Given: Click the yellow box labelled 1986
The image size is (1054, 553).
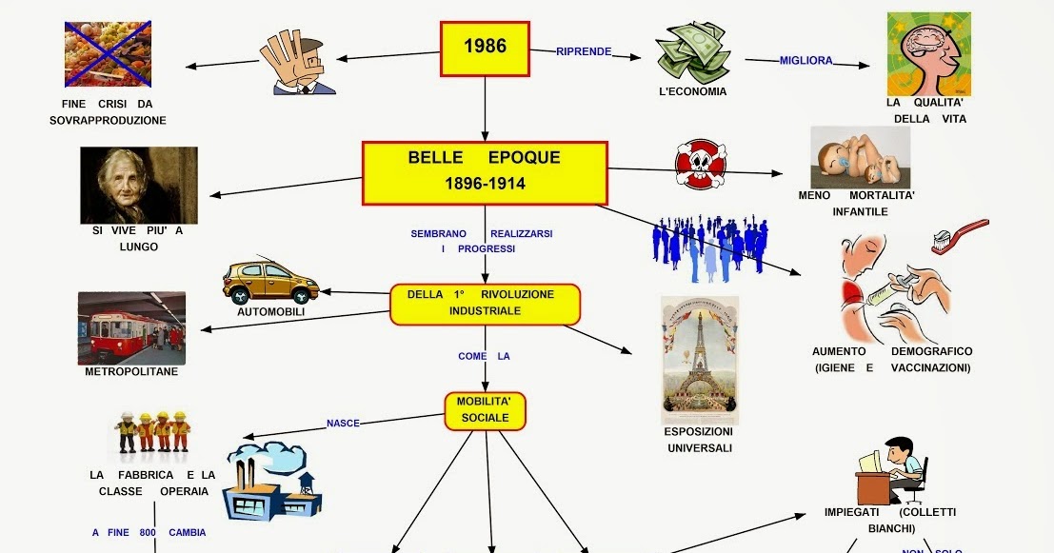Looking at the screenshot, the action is (485, 49).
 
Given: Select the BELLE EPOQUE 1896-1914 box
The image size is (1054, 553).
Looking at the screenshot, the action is (485, 172).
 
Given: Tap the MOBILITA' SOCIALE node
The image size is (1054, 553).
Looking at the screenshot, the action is (485, 410).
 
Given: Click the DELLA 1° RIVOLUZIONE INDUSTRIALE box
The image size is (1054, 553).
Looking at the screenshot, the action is (485, 303).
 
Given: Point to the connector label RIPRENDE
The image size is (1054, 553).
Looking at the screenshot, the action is (583, 51).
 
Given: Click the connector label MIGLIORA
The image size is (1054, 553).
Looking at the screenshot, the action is (805, 61).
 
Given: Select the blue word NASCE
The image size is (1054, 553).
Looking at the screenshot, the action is (343, 423).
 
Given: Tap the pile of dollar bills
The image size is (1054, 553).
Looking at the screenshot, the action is (692, 53).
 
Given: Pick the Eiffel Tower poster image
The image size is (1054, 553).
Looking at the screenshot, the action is (699, 359).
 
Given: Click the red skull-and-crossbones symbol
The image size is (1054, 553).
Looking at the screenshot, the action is (700, 165).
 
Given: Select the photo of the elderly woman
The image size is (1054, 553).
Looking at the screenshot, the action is (138, 185).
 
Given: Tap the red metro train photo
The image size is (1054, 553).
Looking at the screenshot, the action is (131, 328).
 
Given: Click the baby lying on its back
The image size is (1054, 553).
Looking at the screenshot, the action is (860, 157).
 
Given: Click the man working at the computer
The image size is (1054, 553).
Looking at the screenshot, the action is (893, 470).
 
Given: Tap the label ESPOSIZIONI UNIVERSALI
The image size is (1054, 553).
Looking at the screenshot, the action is (699, 440).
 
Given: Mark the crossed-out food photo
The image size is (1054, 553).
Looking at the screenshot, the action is (108, 54).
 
